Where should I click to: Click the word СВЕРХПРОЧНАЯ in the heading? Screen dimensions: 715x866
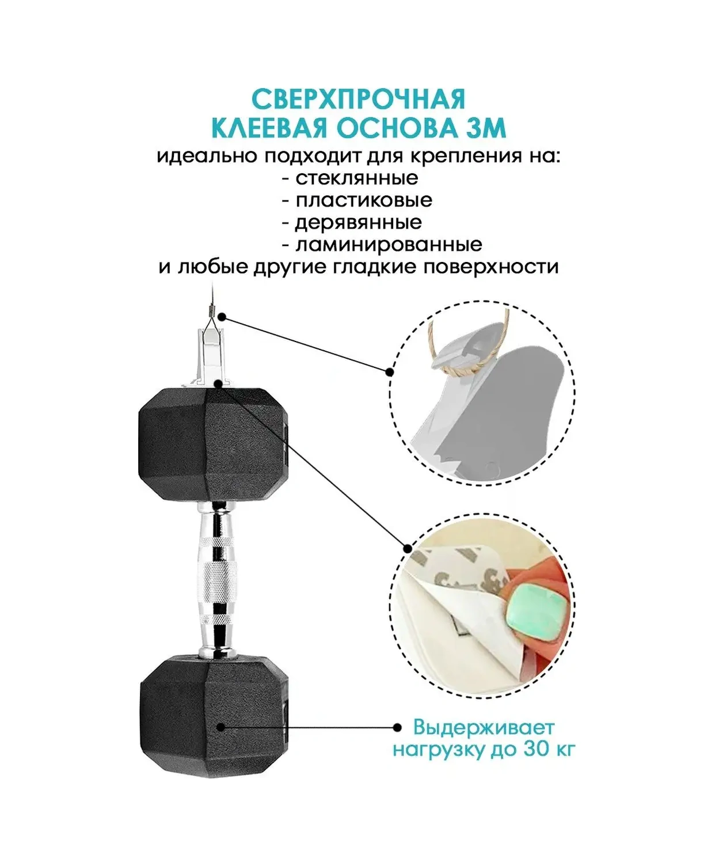click(358, 100)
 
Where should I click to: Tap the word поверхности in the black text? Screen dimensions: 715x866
click(490, 267)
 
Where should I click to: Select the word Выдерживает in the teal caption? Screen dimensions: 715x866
click(484, 738)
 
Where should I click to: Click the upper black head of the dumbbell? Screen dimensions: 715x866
click(213, 444)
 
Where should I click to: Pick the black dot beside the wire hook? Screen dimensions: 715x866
click(222, 317)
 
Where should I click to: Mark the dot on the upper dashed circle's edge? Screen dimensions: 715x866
click(389, 372)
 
